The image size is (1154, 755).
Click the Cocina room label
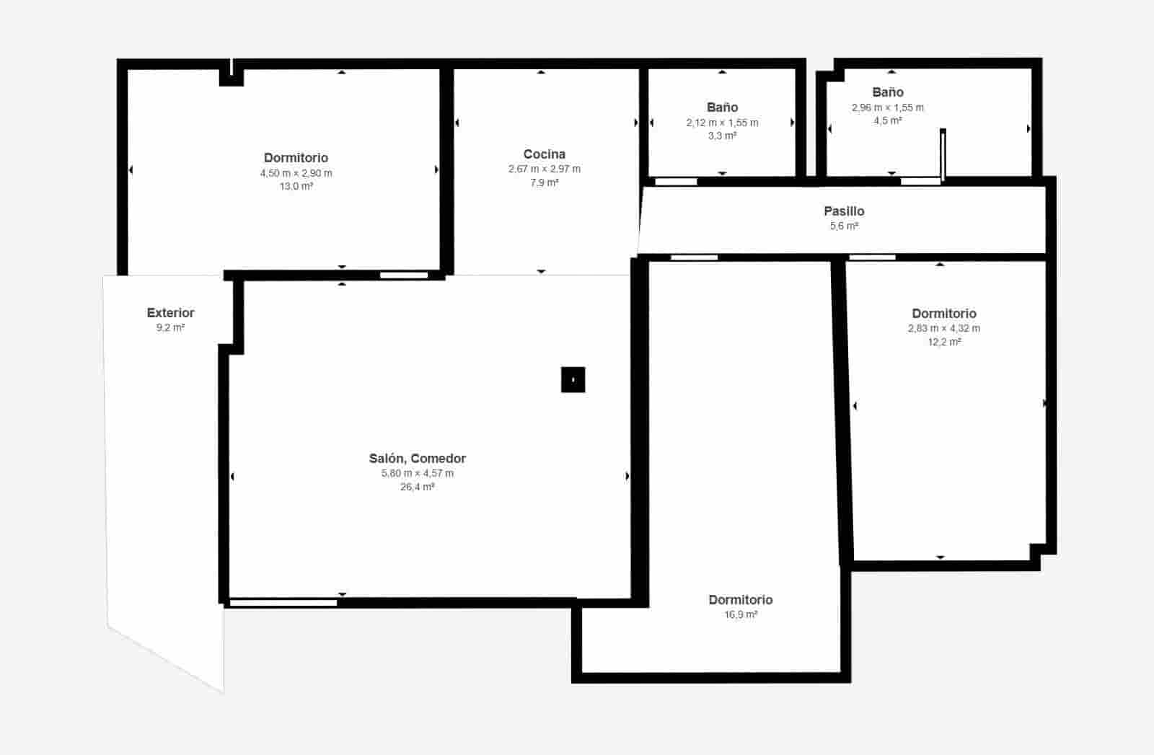tap(544, 154)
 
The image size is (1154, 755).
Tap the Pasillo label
tap(844, 211)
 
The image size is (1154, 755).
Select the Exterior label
tap(170, 313)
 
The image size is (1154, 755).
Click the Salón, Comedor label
tap(417, 459)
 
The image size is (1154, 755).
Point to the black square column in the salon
tap(573, 379)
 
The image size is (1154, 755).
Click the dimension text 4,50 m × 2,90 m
tap(296, 173)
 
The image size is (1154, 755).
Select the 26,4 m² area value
tap(417, 487)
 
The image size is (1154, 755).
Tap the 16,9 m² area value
tap(741, 615)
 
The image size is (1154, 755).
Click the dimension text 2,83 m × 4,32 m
tap(943, 329)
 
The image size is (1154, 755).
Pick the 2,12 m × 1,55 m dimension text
tap(722, 123)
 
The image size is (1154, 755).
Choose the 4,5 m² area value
tap(887, 120)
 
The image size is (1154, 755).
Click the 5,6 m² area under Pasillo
tap(844, 226)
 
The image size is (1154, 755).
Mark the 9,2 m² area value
tap(170, 328)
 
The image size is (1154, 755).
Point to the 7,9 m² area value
tap(544, 183)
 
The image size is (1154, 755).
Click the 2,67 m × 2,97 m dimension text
tap(544, 169)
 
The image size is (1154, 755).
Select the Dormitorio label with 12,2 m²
tap(943, 314)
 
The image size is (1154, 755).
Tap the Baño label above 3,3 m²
tap(722, 107)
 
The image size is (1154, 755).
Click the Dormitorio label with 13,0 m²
tap(296, 158)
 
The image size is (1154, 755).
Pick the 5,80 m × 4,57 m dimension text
tap(417, 474)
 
